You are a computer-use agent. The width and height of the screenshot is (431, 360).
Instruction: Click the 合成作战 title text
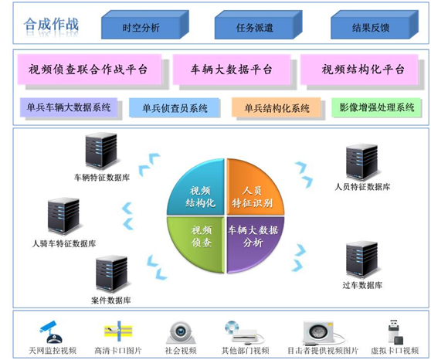click(x=52, y=25)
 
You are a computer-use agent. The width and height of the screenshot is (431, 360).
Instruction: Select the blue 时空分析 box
click(x=141, y=28)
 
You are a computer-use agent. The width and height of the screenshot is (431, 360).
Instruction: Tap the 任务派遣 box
click(x=255, y=28)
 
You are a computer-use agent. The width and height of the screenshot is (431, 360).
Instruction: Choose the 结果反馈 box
click(x=369, y=28)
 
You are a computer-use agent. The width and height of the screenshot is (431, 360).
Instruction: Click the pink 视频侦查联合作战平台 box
click(x=89, y=69)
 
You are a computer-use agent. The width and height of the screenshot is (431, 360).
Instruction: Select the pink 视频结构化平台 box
click(x=363, y=69)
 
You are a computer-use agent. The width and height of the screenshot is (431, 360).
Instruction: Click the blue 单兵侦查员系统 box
click(x=175, y=108)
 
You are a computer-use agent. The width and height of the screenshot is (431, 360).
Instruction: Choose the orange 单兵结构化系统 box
click(x=277, y=108)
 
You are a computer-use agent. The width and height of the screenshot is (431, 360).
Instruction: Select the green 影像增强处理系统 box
click(x=377, y=108)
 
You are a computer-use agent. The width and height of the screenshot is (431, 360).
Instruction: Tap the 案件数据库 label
click(x=112, y=300)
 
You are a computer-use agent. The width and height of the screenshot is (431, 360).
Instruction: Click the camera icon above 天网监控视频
click(x=51, y=331)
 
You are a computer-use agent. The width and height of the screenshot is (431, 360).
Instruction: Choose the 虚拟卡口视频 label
click(x=394, y=351)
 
